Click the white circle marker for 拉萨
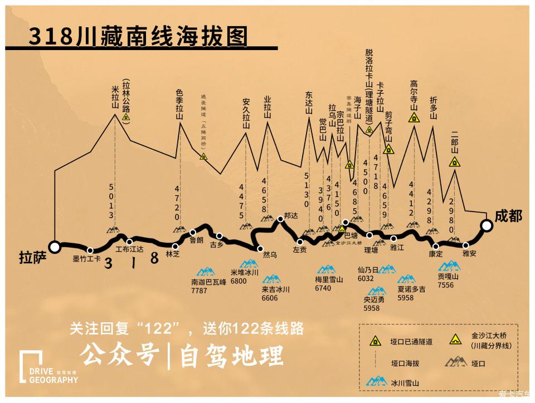click(x=54, y=247)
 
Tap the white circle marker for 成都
click(x=487, y=225)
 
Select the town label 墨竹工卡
click(x=86, y=259)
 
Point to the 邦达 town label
click(x=291, y=215)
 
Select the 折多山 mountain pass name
click(x=434, y=108)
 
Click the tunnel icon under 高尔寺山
click(x=414, y=117)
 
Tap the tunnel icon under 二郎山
click(x=455, y=163)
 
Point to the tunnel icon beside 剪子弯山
click(x=390, y=149)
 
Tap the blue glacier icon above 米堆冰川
click(x=249, y=263)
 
